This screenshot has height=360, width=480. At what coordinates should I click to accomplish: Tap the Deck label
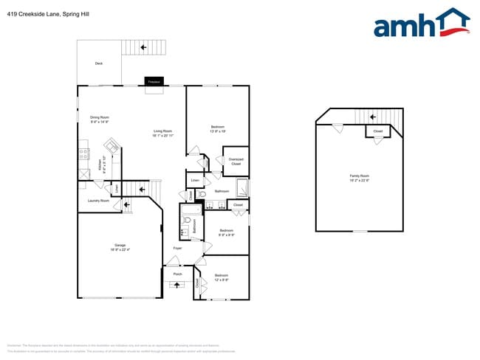tap(99, 63)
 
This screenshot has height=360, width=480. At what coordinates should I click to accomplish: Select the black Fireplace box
tap(154, 82)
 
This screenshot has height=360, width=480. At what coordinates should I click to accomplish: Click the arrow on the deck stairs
tap(143, 47)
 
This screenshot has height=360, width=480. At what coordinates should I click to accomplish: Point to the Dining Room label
tap(100, 120)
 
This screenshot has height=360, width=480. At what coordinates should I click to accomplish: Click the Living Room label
tap(162, 134)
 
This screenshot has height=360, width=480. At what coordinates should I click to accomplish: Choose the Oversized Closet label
tap(236, 162)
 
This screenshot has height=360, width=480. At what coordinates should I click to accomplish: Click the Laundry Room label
tap(98, 200)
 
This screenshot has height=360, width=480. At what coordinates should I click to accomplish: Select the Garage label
tap(120, 247)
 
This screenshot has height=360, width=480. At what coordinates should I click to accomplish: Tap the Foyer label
tap(178, 248)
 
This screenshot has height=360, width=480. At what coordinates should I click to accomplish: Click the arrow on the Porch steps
tap(177, 285)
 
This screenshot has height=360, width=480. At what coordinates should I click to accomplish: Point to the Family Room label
tap(360, 177)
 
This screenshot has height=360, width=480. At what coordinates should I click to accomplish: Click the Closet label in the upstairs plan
tap(378, 131)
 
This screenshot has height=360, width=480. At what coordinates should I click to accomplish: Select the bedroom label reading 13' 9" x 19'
tap(218, 128)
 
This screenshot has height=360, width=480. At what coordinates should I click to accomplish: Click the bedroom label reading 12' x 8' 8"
tap(222, 278)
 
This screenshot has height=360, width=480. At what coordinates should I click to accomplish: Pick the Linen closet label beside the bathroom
tap(195, 180)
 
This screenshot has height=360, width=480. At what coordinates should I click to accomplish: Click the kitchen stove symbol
tap(83, 155)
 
